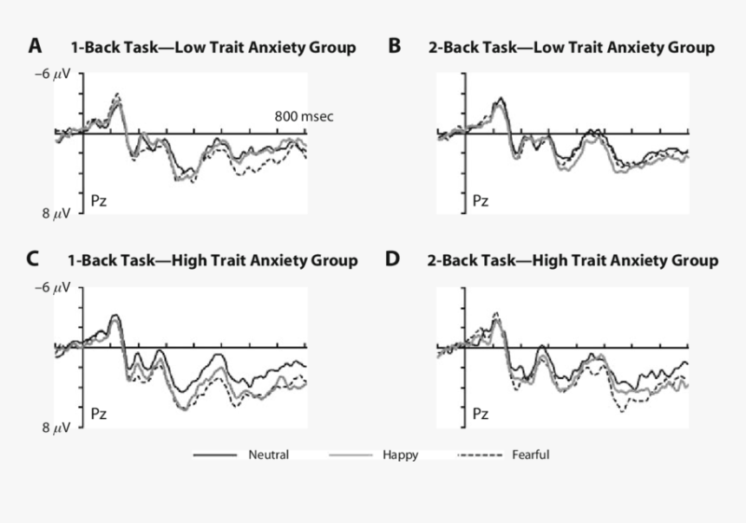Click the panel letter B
[395, 46]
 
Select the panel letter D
[395, 258]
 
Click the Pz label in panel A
[101, 201]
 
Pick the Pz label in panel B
[481, 201]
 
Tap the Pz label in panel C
[101, 415]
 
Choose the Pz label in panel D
[481, 415]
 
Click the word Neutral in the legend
[268, 454]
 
